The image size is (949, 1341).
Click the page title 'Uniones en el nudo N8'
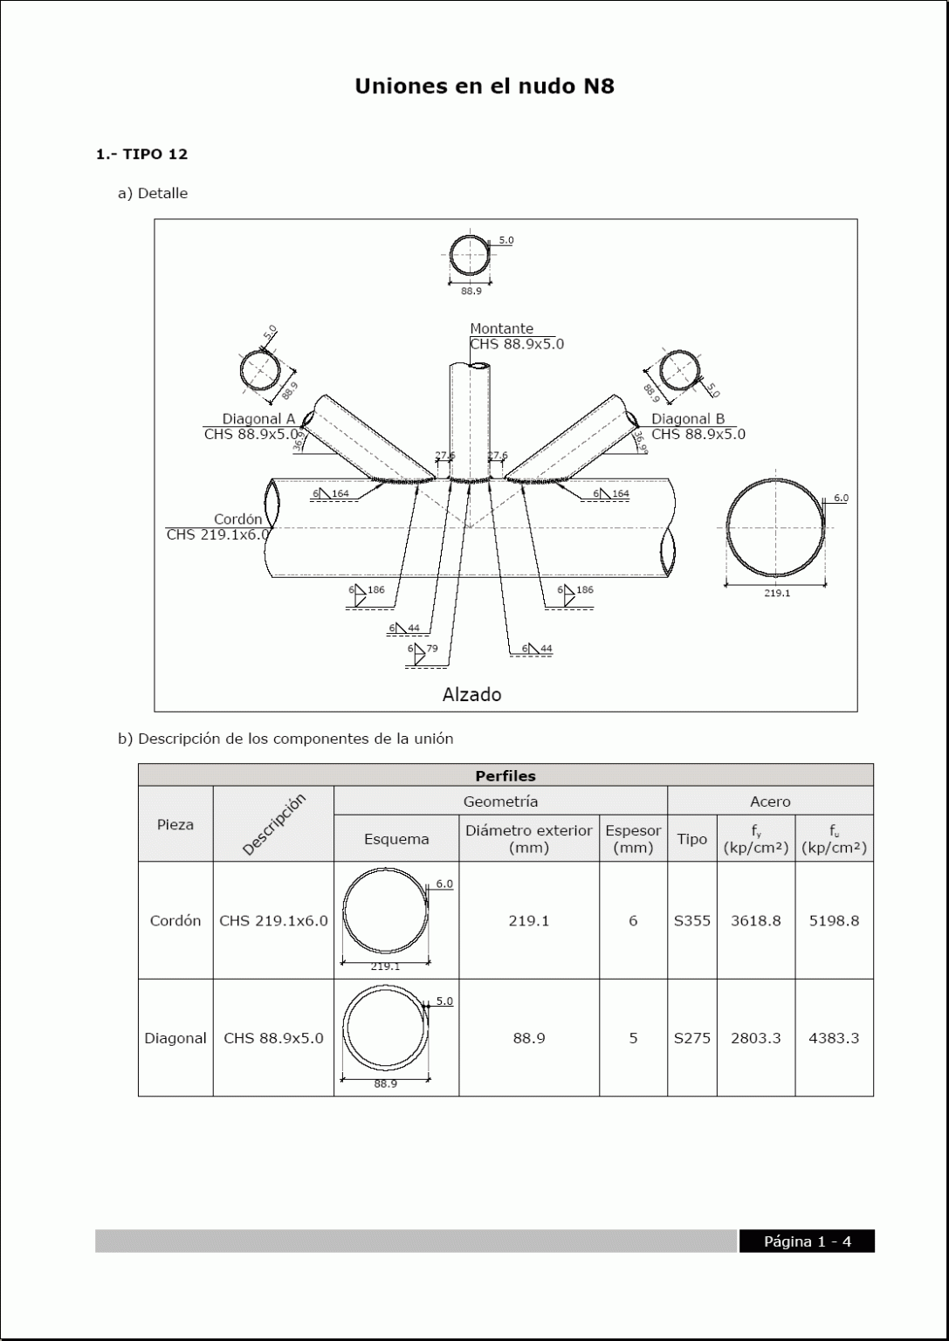click(x=484, y=86)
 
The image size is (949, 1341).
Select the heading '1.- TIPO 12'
click(x=141, y=155)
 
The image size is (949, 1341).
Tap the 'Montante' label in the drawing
click(x=501, y=329)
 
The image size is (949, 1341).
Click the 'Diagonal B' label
click(x=688, y=419)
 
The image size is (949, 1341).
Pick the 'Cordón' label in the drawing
click(x=237, y=519)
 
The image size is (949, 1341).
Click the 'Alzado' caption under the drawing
click(x=471, y=695)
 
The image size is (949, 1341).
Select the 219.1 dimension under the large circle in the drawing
click(x=776, y=594)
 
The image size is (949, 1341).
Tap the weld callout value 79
click(x=432, y=649)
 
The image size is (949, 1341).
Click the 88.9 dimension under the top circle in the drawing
click(x=471, y=291)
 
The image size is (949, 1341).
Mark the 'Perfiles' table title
click(x=505, y=776)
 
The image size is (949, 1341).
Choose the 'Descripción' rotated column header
click(x=273, y=824)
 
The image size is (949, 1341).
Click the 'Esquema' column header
click(x=396, y=839)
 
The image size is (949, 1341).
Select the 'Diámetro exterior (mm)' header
click(x=528, y=839)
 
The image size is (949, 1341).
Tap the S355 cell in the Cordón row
click(x=691, y=920)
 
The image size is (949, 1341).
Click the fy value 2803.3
click(x=755, y=1038)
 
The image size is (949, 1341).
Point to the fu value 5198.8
click(x=834, y=920)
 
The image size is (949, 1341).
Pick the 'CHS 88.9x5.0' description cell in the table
click(x=273, y=1038)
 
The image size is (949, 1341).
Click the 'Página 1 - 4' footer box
click(x=807, y=1241)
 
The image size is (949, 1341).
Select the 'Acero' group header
click(x=770, y=801)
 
